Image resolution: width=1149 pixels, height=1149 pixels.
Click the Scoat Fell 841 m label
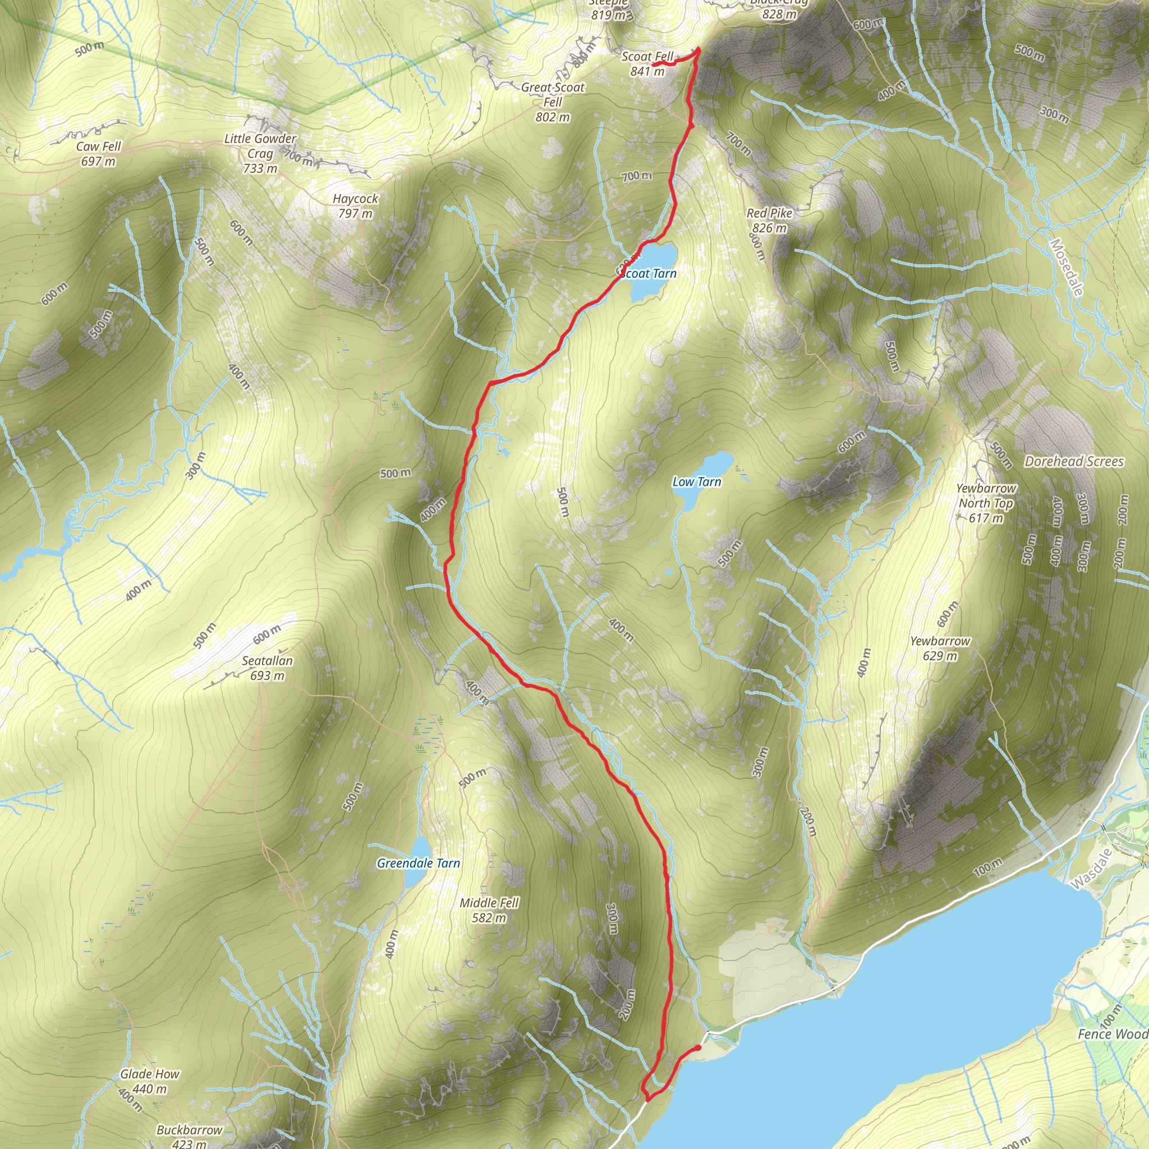647,63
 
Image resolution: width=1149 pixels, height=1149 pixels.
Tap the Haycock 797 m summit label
355,206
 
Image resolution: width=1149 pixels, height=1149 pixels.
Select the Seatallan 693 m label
267,668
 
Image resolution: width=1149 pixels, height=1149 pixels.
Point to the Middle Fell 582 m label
489,910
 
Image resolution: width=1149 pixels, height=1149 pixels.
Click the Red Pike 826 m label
770,220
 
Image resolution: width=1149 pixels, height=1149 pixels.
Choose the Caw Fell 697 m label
98,153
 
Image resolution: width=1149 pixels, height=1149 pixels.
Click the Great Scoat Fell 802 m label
553,102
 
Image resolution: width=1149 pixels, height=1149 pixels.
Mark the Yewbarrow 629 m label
940,648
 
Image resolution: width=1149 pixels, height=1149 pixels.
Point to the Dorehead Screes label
1074,461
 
